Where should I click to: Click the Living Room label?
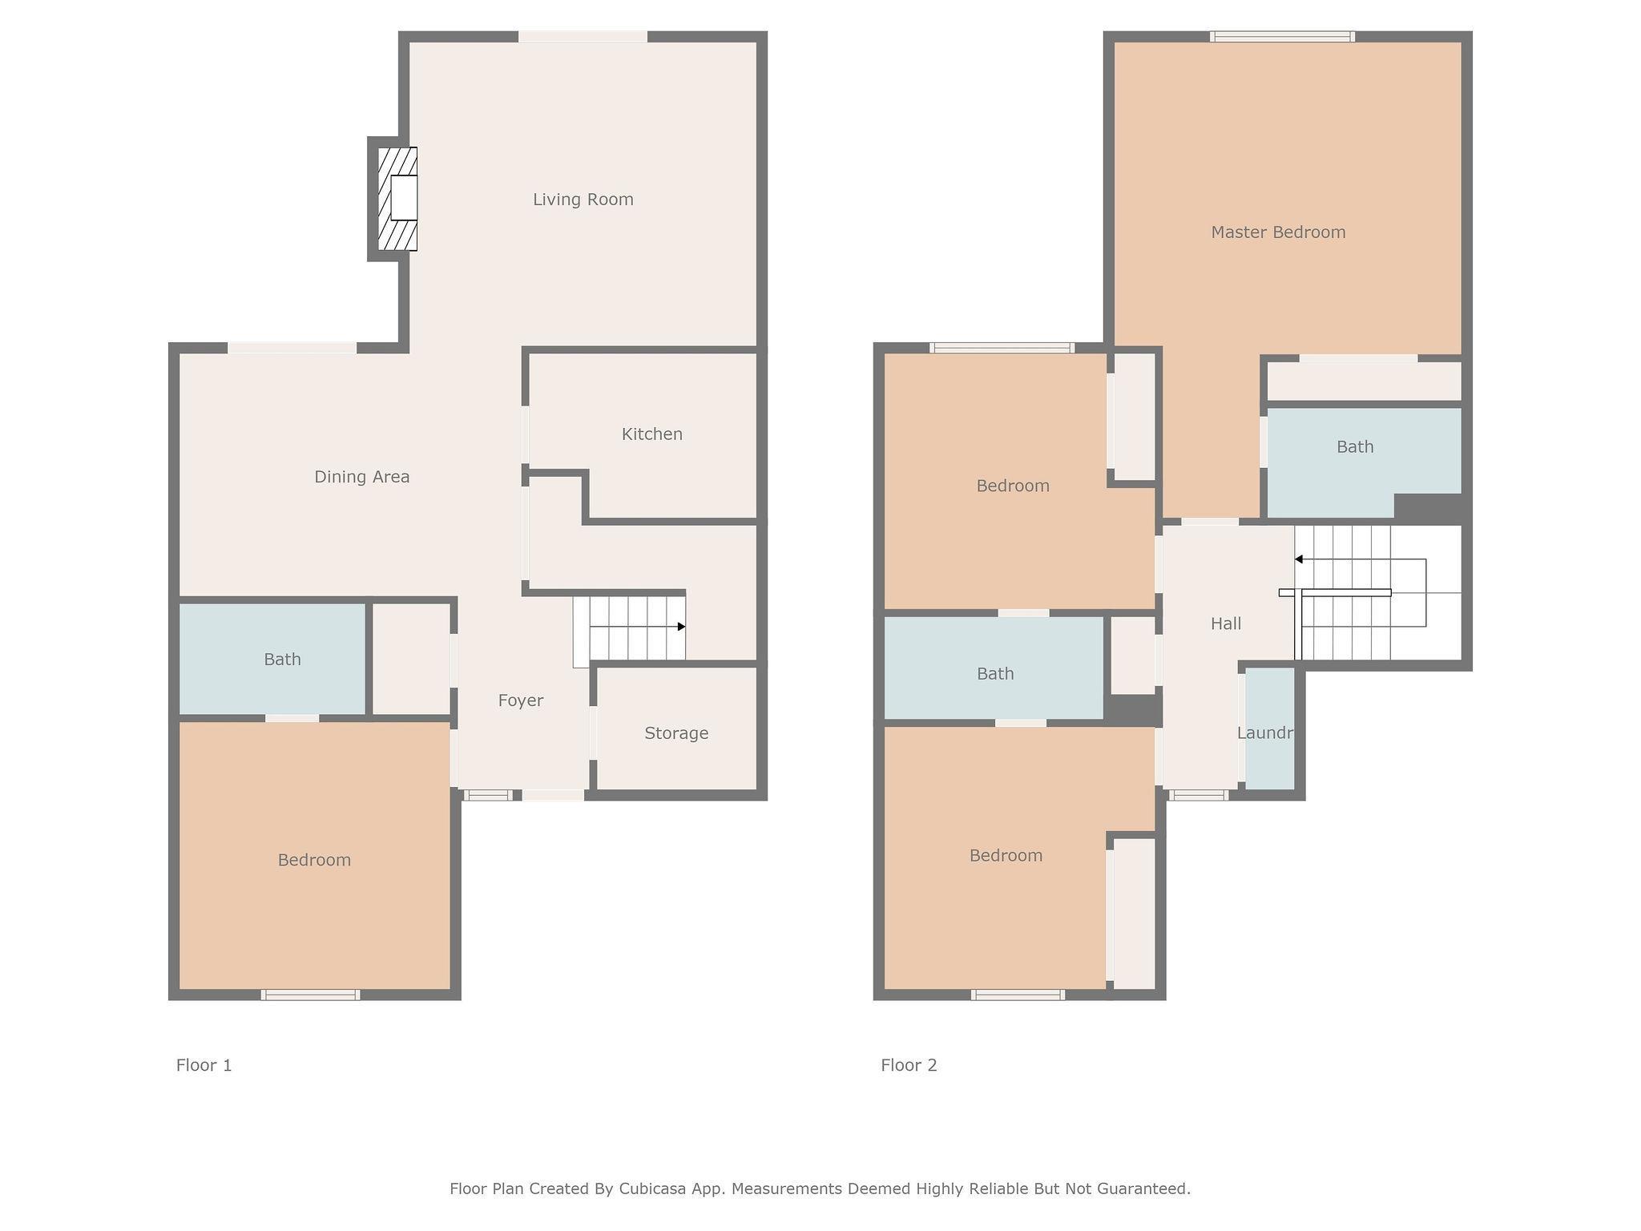(583, 200)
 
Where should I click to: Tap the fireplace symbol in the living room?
(397, 199)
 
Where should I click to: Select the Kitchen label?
(652, 434)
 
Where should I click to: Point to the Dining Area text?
(361, 477)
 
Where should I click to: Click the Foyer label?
(521, 700)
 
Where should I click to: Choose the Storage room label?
(676, 733)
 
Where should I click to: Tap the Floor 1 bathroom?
(272, 659)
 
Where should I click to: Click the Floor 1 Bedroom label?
(314, 860)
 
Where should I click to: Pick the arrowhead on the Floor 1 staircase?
(681, 627)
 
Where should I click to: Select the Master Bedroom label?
(1278, 232)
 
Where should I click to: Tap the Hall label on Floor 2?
(1226, 624)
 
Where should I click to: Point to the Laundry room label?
(1265, 733)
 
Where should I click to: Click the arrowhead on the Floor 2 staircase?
(1299, 559)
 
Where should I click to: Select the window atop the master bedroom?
(1282, 36)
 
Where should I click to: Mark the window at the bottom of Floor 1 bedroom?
(310, 995)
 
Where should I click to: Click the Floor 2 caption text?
(909, 1065)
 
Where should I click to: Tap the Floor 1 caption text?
(204, 1065)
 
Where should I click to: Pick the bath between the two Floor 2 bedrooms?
(994, 668)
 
